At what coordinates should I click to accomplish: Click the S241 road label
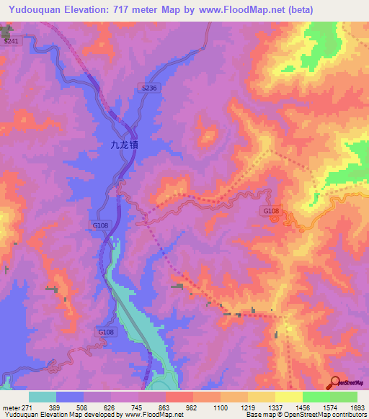pyautogui.click(x=10, y=42)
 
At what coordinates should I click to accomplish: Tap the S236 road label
pyautogui.click(x=148, y=87)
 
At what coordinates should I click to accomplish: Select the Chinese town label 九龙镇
pyautogui.click(x=124, y=145)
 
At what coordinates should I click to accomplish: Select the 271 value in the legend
pyautogui.click(x=27, y=407)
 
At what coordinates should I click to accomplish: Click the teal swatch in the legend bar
pyautogui.click(x=43, y=397)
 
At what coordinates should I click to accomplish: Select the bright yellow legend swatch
pyautogui.click(x=288, y=397)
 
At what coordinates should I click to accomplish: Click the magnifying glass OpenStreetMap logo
pyautogui.click(x=335, y=383)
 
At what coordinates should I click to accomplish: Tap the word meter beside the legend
pyautogui.click(x=10, y=407)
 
